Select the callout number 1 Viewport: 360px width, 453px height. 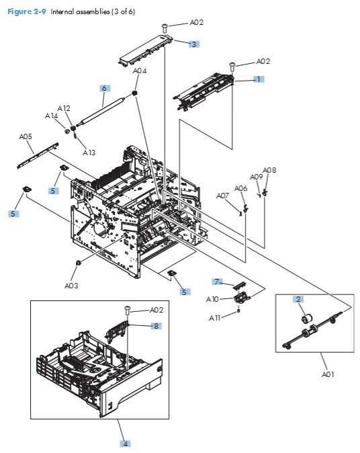[258, 79]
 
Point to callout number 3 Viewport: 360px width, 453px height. [194, 44]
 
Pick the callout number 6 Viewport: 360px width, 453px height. [104, 88]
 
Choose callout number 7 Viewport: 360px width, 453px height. [217, 281]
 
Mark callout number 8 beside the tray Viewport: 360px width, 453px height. [156, 326]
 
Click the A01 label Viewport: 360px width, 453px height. [327, 374]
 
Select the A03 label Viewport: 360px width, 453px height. [72, 285]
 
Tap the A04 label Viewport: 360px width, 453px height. [140, 71]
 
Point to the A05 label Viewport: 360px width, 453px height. [26, 136]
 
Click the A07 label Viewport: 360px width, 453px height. [223, 196]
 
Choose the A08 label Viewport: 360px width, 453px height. [269, 170]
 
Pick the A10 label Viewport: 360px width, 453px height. [212, 298]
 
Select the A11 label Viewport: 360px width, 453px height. [216, 317]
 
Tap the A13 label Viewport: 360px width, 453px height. [89, 153]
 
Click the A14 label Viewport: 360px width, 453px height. [52, 116]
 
